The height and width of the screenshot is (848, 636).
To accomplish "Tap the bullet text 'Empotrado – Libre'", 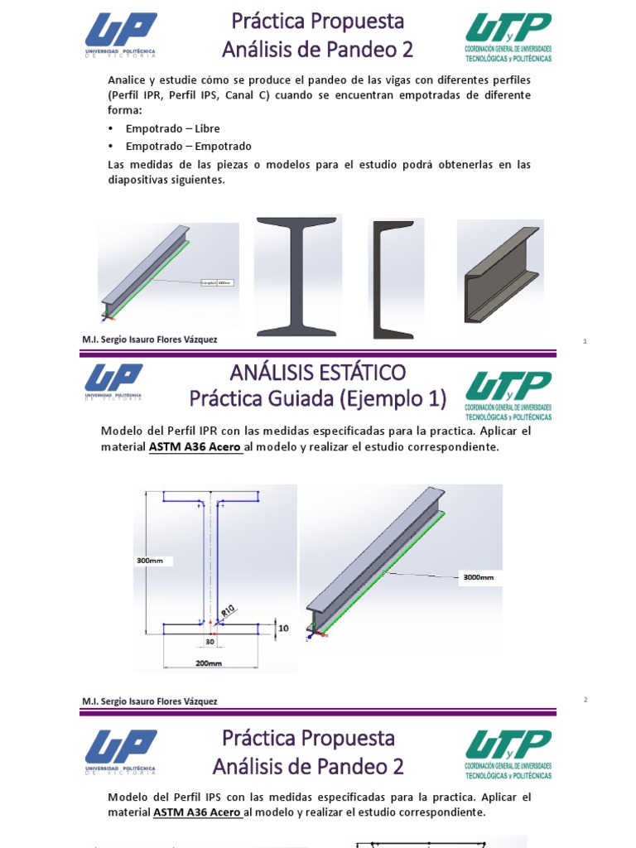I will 172,129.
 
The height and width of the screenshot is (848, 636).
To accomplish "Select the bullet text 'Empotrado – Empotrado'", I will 188,147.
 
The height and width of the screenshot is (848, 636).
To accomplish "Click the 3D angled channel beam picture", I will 499,272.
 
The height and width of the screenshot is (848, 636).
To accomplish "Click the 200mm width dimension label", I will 209,663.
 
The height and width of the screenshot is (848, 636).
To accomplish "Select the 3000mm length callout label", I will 476,578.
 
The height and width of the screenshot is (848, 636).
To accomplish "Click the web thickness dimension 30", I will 210,641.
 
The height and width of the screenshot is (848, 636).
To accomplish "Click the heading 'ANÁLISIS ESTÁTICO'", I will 318,372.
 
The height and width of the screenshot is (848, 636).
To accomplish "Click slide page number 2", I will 585,700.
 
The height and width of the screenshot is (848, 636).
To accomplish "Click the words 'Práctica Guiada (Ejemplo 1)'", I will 318,399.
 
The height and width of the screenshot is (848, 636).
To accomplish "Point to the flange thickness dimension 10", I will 283,629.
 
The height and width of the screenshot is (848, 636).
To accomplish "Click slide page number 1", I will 585,340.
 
